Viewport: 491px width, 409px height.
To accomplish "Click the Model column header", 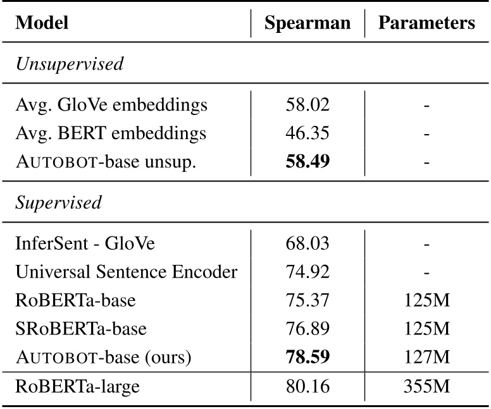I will [x=42, y=24].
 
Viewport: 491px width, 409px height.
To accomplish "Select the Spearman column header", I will [x=307, y=24].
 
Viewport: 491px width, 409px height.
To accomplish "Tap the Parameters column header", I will [x=426, y=24].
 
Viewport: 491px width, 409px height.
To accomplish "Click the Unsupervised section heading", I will [x=70, y=64].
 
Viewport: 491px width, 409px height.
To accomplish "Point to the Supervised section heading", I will [x=58, y=204].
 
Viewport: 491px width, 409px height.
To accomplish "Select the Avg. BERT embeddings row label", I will [x=111, y=134].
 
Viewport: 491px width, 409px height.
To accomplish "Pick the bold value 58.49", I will [x=307, y=162].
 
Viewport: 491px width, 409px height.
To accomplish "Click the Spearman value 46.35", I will [x=307, y=134].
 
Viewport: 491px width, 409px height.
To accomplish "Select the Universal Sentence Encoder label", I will [x=127, y=272].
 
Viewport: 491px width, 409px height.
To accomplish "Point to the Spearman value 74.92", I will [x=307, y=272].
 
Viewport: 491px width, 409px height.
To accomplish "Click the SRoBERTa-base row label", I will [x=81, y=329].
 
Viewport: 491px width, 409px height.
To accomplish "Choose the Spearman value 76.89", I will [x=307, y=329].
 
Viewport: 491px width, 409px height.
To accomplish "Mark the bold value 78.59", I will [x=307, y=358].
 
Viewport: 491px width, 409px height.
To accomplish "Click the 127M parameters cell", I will [x=426, y=358].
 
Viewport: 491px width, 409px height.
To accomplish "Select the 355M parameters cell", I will [x=426, y=386].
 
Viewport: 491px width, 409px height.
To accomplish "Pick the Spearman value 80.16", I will [x=307, y=386].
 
